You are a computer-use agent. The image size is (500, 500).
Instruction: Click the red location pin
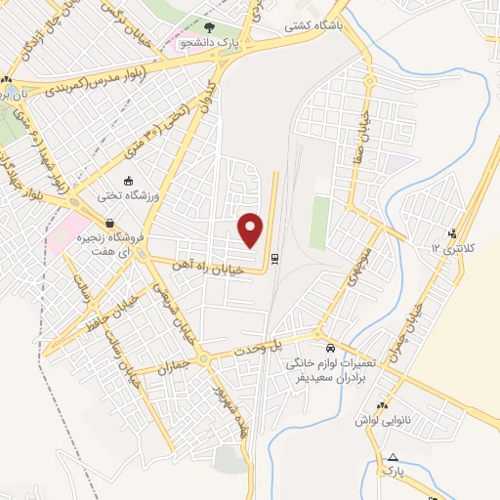[252, 230]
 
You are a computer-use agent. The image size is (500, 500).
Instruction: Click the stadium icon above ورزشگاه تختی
[128, 180]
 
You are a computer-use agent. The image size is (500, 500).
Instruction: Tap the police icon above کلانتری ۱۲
[451, 233]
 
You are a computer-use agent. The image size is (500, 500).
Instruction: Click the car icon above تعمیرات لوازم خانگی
[329, 348]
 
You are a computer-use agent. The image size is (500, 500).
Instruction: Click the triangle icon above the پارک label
[393, 457]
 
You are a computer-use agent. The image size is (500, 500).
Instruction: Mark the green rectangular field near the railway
[318, 222]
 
